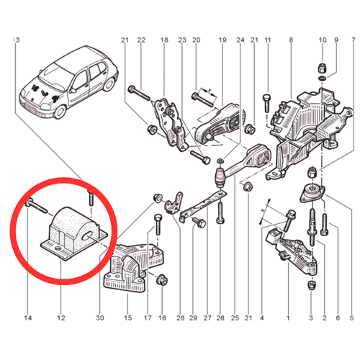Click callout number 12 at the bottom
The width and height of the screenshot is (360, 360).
[x=61, y=318]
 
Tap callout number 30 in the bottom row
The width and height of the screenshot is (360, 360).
[x=100, y=318]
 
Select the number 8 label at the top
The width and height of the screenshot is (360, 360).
[x=291, y=40]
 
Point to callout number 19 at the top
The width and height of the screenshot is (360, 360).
[x=222, y=40]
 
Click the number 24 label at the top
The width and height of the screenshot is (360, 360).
[x=240, y=40]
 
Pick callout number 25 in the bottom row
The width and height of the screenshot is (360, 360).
[x=235, y=318]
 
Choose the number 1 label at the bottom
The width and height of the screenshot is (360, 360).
[x=288, y=318]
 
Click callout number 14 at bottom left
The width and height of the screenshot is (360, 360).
[x=28, y=318]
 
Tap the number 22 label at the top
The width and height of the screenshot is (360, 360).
[x=141, y=40]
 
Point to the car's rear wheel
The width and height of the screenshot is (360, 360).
[x=109, y=84]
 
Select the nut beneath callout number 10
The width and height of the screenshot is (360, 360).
[x=323, y=68]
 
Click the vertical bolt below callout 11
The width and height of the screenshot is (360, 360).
[x=267, y=103]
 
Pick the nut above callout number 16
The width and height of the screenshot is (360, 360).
[x=162, y=280]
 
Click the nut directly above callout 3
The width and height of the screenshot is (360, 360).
[x=311, y=284]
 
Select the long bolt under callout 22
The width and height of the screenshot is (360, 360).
[x=139, y=93]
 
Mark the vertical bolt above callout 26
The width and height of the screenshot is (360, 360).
[x=220, y=213]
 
